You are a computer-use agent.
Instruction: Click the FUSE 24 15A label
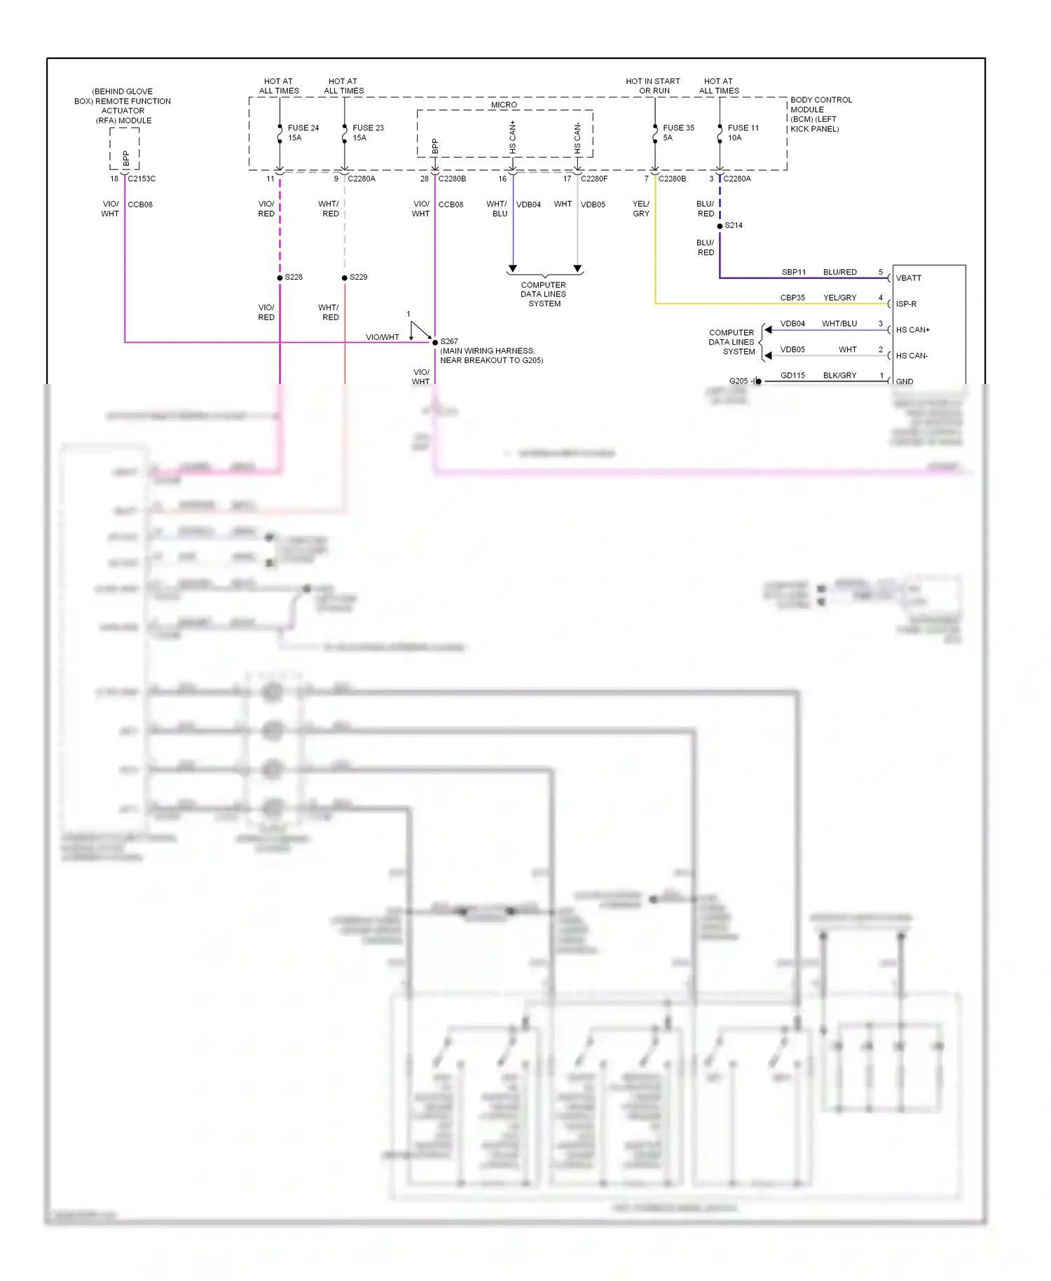303,132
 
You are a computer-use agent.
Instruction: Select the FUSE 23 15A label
367,132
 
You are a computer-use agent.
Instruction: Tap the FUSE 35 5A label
678,132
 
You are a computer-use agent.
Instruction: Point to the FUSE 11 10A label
742,132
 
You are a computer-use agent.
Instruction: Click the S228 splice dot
280,278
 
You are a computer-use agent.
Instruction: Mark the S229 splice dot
345,278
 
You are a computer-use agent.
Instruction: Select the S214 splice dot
720,226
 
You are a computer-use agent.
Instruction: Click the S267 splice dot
435,342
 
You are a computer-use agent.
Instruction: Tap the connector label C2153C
142,179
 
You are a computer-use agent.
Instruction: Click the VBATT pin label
909,278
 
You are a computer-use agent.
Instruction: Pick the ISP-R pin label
906,304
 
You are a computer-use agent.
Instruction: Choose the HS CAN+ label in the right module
912,330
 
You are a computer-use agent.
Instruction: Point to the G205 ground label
739,381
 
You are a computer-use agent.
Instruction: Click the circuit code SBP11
793,272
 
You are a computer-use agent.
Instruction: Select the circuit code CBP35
792,298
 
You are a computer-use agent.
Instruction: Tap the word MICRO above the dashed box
504,104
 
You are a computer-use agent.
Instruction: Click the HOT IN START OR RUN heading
653,85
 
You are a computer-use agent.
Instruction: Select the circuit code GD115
792,376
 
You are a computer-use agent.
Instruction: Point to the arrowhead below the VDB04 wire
513,269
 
